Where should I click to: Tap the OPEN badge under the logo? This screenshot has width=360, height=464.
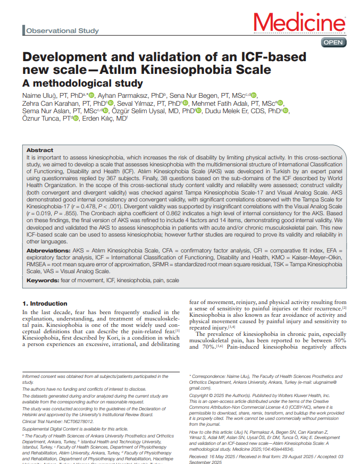click(333, 42)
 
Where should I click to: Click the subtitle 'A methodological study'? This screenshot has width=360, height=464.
click(82, 83)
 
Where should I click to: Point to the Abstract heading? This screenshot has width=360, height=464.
click(40, 150)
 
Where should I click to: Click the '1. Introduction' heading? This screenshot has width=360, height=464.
click(45, 303)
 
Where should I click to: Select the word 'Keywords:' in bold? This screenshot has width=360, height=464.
click(44, 280)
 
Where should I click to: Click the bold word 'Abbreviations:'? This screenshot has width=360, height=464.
click(52, 250)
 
